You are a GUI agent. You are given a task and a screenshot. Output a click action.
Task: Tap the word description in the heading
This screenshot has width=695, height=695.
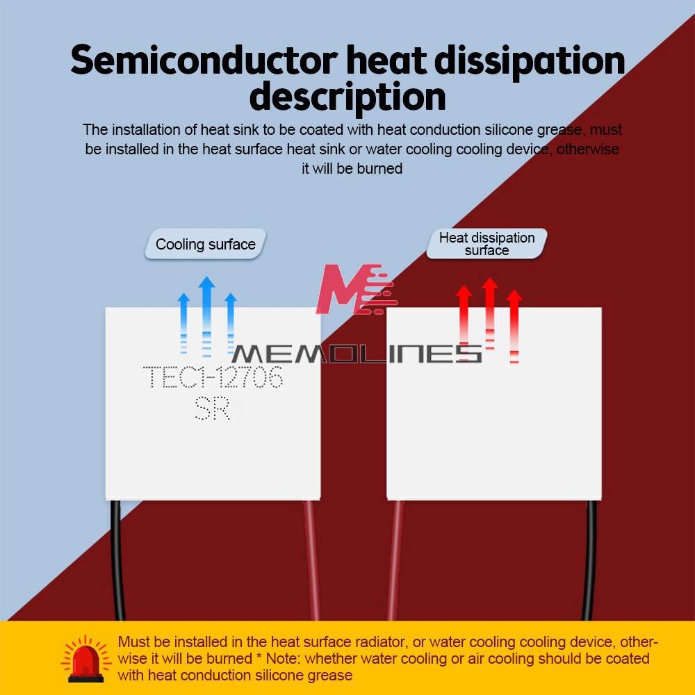pyautogui.click(x=347, y=97)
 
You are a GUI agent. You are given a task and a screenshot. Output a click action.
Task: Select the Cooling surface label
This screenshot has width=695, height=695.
pyautogui.click(x=206, y=245)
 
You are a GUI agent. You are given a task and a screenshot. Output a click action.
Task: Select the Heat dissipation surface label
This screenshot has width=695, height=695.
pyautogui.click(x=486, y=244)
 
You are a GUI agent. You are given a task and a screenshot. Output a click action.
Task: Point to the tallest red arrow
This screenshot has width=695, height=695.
pyautogui.click(x=490, y=313)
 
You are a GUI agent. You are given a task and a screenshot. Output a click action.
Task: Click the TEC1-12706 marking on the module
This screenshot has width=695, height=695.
pyautogui.click(x=213, y=378)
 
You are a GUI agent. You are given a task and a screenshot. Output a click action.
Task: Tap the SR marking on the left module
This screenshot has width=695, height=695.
pyautogui.click(x=212, y=409)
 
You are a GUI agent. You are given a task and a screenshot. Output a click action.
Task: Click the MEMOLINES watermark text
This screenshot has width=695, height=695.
pyautogui.click(x=357, y=353)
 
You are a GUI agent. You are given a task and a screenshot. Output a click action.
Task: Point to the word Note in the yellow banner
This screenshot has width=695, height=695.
pyautogui.click(x=283, y=658)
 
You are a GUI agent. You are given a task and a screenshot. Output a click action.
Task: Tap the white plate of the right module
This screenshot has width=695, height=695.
pyautogui.click(x=493, y=431)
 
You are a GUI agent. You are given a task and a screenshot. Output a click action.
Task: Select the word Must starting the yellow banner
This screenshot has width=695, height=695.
pyautogui.click(x=133, y=641)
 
